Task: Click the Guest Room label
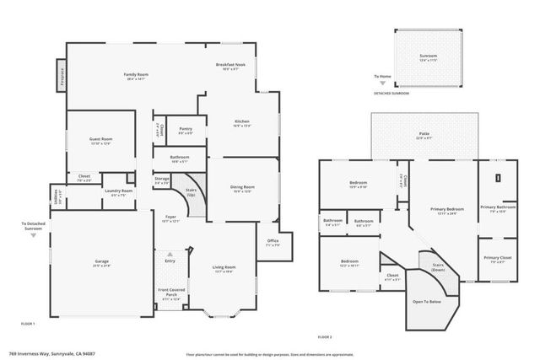(101, 140)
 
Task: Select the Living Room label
(224, 269)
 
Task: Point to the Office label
(272, 243)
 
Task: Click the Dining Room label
(243, 189)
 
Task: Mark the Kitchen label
(241, 123)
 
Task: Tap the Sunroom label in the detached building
(429, 57)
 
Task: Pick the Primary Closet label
(498, 259)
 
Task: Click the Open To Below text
(427, 301)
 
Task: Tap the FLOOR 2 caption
(325, 336)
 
